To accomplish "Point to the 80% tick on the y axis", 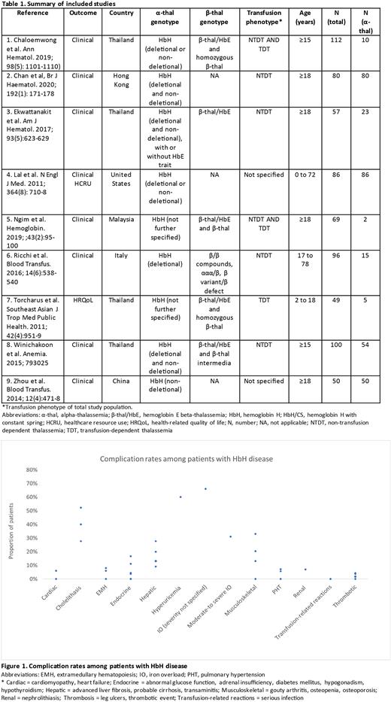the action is point(33,470).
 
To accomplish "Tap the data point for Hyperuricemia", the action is point(180,497).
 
